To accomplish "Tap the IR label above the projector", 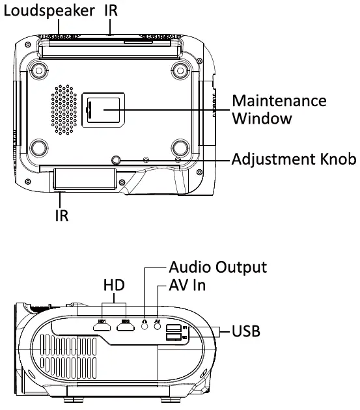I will point(112,11).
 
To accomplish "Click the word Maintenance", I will point(279,102).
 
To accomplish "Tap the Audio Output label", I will point(217,267).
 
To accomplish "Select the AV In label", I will point(188,285).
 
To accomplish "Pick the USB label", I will point(246,332).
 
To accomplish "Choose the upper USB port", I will point(173,328).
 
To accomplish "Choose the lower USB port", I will point(173,338).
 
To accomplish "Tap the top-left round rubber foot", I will point(38,70).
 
